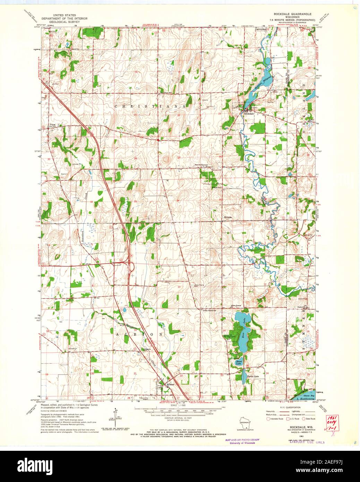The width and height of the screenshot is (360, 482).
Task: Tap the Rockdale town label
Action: point(249,114)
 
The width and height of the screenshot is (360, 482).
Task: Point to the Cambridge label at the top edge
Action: point(260,29)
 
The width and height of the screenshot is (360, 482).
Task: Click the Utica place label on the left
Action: point(52,124)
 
